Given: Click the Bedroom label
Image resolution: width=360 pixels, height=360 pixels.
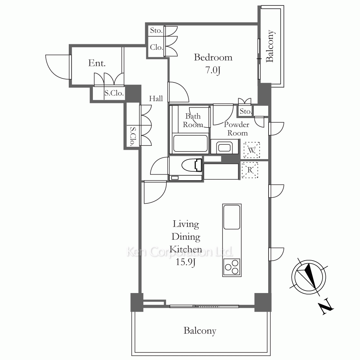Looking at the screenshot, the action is (213, 57).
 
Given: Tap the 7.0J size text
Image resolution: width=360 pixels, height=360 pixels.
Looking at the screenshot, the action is (213, 70).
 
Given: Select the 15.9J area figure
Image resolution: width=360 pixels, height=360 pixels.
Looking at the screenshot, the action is (185, 262).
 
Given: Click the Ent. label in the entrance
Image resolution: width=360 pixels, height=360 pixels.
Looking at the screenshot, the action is (97, 63).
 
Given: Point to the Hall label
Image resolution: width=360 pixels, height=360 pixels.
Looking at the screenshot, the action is (156, 99).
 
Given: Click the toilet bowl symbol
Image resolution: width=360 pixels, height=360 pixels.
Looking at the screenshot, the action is (192, 165).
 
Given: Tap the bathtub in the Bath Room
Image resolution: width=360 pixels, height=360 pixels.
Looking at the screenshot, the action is (190, 143).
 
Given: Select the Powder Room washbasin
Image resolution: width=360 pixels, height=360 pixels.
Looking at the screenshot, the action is (224, 147).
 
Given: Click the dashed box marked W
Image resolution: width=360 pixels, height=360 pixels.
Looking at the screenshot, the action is (252, 150).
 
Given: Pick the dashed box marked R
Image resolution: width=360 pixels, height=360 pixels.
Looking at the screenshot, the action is (250, 170).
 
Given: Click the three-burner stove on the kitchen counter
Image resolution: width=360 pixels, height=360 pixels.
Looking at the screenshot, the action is (232, 267).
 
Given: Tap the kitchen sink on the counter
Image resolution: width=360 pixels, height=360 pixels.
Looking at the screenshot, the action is (232, 217).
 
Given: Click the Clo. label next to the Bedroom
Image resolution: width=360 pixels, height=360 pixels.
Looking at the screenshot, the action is (156, 47).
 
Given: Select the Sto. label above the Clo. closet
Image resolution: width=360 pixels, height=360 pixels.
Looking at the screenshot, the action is (156, 30).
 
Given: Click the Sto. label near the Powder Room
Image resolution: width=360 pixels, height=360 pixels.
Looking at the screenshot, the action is (246, 111).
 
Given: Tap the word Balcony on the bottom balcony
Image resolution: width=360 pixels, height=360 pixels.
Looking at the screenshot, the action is (200, 331).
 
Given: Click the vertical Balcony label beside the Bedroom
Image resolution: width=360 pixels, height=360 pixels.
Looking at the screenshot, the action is (270, 46).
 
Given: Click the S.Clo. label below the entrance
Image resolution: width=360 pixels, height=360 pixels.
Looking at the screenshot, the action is (114, 93).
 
